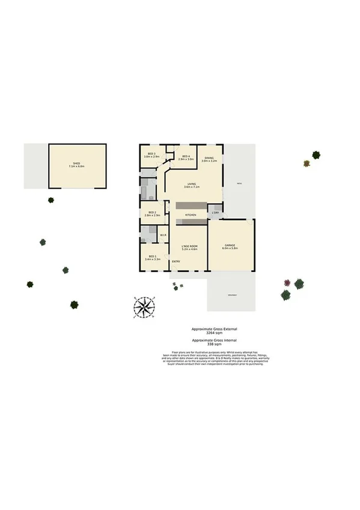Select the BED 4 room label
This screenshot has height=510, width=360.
coord(186,156)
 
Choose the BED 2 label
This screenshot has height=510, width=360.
coord(151,212)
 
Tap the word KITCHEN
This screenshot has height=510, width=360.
coord(191,215)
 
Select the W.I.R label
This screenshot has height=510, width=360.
coord(162,235)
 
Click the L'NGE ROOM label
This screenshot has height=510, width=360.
coord(190,245)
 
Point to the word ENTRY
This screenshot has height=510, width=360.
coord(176,262)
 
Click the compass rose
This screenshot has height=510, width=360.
coord(144,307)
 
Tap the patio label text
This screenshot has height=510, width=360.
coord(239,183)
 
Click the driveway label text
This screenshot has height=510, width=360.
coord(231,294)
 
